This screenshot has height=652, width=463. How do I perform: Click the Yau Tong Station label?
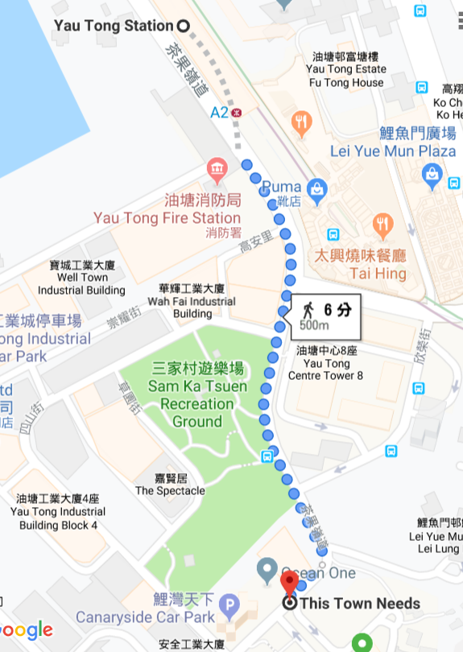pos(113,26)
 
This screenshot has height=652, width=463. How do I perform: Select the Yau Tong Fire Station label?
pos(167,218)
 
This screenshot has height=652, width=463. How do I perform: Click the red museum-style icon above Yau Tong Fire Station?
pos(217,169)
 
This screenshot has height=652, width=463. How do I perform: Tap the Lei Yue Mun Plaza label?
pos(394,151)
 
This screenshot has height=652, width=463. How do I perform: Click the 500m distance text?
pos(314,326)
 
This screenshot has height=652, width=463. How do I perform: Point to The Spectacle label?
pos(170,490)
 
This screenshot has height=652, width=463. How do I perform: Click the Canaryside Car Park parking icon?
pos(232,603)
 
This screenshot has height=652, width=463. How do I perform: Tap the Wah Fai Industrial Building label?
pos(192,301)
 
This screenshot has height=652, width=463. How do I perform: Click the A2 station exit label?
pos(219,113)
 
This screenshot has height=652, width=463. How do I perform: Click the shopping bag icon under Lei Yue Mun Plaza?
pos(432,173)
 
